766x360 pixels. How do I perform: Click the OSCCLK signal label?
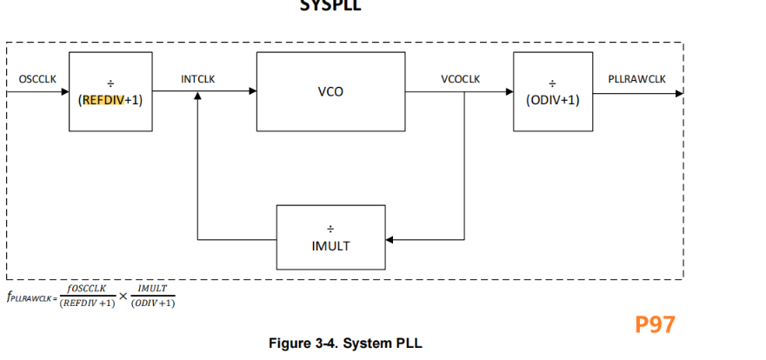click(x=37, y=79)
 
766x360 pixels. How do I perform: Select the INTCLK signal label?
click(x=197, y=79)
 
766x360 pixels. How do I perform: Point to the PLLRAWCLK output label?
click(x=636, y=79)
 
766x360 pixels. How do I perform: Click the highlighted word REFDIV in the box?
click(x=103, y=100)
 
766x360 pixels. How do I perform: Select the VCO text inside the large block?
click(x=330, y=91)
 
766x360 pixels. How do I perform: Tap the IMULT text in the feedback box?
click(x=330, y=246)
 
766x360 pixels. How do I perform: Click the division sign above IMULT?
click(x=330, y=228)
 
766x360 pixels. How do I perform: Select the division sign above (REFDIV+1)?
click(x=109, y=83)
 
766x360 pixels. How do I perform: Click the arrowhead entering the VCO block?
click(x=252, y=91)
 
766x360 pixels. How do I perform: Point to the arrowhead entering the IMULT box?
click(x=390, y=238)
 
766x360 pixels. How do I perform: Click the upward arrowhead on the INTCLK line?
click(x=198, y=97)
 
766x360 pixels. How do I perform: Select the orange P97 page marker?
click(x=655, y=324)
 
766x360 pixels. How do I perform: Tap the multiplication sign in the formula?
click(x=123, y=297)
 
